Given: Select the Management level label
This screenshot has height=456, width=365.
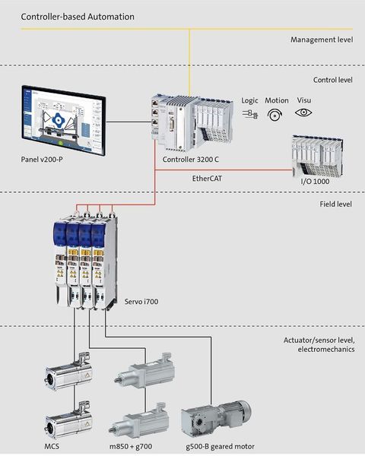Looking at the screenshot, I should pos(318,40).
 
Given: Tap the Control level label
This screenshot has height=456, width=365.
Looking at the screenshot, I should pos(328,79).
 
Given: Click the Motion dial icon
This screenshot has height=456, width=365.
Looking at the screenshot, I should pos(277,114).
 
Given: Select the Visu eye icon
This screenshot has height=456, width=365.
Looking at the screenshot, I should pos(304,113).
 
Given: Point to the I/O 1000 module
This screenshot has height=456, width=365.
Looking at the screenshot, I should pos(319,155).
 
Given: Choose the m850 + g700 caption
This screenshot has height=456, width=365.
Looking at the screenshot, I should pos(141,446).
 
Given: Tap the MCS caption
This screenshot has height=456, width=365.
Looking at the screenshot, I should pos(52,446).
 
